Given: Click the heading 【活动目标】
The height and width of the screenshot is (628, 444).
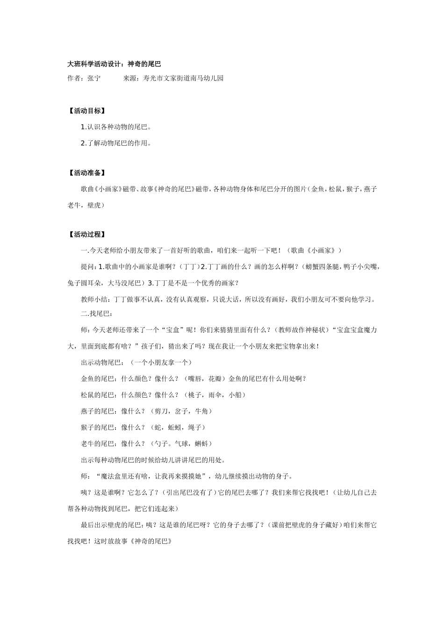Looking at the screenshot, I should tap(86, 111).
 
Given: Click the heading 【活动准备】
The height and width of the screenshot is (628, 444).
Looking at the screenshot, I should tap(86, 173).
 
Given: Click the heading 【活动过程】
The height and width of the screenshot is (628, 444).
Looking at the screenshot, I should tap(86, 235).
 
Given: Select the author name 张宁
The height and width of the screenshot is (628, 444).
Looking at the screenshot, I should tap(94, 78).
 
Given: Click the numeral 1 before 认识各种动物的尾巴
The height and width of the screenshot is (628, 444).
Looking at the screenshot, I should tap(83, 127).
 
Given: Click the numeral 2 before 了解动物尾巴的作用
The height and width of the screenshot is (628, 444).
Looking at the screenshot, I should tap(83, 143).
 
